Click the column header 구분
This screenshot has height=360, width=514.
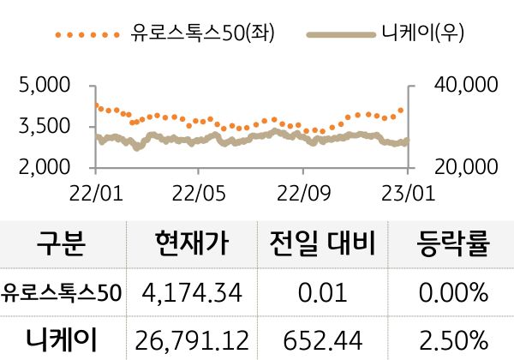tap(62, 246)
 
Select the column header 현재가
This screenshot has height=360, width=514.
tap(193, 246)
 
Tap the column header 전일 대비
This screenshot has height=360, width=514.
tap(322, 246)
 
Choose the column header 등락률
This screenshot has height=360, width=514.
tap(451, 246)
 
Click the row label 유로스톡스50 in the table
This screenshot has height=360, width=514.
tap(63, 294)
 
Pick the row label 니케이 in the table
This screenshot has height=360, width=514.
tap(63, 339)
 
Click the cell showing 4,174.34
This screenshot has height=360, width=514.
tap(193, 294)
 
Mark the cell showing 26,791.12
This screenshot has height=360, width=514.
tap(193, 339)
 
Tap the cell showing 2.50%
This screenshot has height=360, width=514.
tap(451, 339)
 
